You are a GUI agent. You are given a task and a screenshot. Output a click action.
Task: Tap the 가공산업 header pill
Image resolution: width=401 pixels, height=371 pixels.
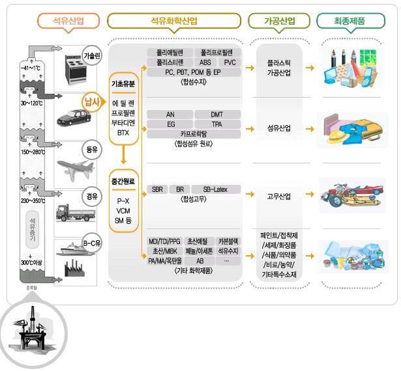pyautogui.click(x=279, y=21)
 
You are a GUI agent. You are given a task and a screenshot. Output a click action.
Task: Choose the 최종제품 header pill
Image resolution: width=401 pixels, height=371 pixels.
pyautogui.click(x=351, y=21)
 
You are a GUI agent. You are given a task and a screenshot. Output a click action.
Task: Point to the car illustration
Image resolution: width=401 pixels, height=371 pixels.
pyautogui.click(x=72, y=117)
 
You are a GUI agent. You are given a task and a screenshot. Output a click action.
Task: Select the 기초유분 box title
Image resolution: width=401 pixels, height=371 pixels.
pyautogui.click(x=123, y=85)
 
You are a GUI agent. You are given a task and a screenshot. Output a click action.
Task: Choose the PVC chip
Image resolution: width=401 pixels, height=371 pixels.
pyautogui.click(x=229, y=62)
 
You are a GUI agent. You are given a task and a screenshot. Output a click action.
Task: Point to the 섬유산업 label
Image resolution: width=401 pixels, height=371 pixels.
pyautogui.click(x=278, y=128)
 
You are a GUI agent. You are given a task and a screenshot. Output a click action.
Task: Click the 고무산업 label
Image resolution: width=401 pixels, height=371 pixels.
pyautogui.click(x=278, y=196)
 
